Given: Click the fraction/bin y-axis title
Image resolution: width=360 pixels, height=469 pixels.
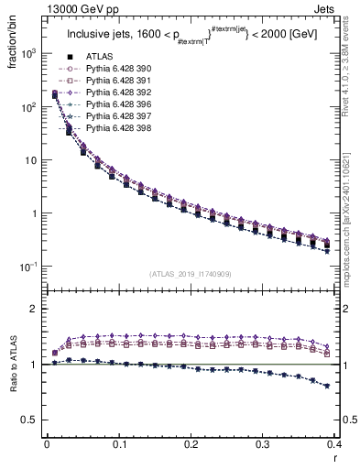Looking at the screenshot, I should click(x=12, y=46).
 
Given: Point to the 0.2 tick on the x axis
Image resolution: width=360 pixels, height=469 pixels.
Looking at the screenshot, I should click(x=191, y=444).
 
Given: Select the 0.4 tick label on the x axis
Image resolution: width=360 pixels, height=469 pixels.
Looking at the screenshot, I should click(x=334, y=444).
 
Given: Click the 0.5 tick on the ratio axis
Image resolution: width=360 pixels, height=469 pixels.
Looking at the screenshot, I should click(x=34, y=420).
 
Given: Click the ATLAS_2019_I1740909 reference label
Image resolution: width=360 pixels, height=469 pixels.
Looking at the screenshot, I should click(x=191, y=274).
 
